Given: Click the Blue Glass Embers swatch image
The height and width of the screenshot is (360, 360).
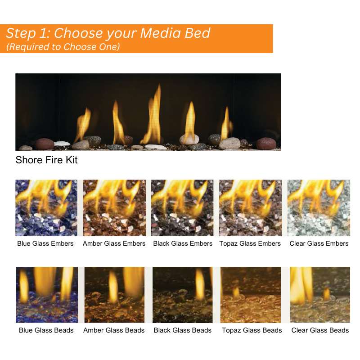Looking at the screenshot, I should click(x=46, y=208).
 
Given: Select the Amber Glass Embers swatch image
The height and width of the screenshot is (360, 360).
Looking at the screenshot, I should click(x=114, y=208).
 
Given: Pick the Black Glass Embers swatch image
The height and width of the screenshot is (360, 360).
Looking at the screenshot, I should click(x=182, y=208).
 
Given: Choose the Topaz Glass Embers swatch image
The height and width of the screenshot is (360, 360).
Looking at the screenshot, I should click(x=250, y=208).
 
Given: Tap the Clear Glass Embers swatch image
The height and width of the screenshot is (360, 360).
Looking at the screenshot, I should click(x=319, y=208).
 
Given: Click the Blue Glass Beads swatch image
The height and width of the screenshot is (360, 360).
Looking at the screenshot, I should click(x=47, y=295).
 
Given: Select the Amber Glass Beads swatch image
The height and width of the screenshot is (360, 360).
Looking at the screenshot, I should click(x=114, y=295).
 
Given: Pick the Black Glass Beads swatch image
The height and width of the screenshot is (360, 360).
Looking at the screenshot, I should click(x=182, y=295).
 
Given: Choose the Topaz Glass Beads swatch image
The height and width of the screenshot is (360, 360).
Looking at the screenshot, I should click(x=251, y=295).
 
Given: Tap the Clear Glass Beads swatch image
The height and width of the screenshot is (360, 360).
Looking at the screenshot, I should click(x=320, y=295).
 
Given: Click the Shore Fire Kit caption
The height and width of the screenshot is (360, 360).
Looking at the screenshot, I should click(x=46, y=160).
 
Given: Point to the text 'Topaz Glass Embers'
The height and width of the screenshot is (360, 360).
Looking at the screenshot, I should click(x=250, y=243).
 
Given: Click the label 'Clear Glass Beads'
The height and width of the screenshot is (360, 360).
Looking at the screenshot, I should click(x=320, y=330).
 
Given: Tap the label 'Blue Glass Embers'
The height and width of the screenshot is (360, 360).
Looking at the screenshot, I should click(x=45, y=243).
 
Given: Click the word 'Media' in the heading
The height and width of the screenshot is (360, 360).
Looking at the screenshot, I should click(x=161, y=33).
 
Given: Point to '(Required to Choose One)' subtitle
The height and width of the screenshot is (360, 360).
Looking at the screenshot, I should click(x=63, y=47).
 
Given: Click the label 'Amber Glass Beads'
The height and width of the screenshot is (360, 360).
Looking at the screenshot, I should click(x=114, y=330).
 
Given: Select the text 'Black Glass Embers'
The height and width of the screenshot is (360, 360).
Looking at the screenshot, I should click(x=183, y=243).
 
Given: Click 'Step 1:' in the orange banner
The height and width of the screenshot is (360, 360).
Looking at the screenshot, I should click(x=28, y=33).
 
